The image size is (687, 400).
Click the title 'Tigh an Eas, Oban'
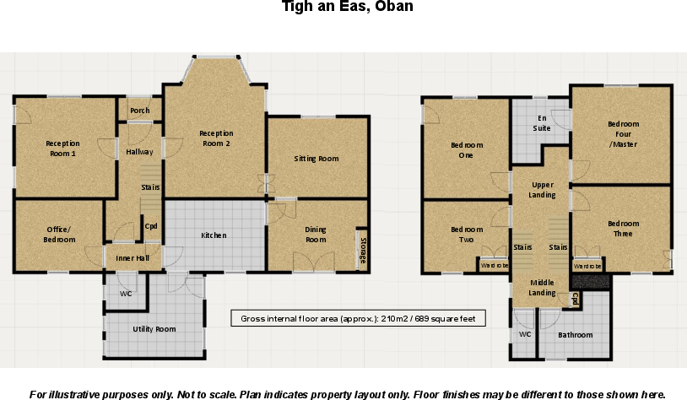347,7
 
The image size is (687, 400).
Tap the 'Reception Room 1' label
62,149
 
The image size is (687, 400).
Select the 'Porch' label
140,111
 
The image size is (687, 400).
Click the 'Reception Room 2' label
216,138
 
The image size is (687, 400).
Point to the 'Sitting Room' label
316,159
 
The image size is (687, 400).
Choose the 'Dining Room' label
316,235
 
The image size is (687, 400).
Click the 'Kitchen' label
214,235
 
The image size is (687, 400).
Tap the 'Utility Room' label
154,328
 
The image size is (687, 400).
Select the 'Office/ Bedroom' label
58,235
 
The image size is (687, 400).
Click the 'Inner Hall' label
132,257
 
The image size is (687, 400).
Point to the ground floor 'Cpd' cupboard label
151,226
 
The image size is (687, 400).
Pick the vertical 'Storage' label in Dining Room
363,251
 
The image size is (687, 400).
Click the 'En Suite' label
541,123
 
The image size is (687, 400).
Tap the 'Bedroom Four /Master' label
623,134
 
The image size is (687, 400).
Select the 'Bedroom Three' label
623,229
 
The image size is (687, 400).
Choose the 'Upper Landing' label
542,190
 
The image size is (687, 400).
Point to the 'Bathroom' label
576,335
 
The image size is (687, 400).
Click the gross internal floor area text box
359,318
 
